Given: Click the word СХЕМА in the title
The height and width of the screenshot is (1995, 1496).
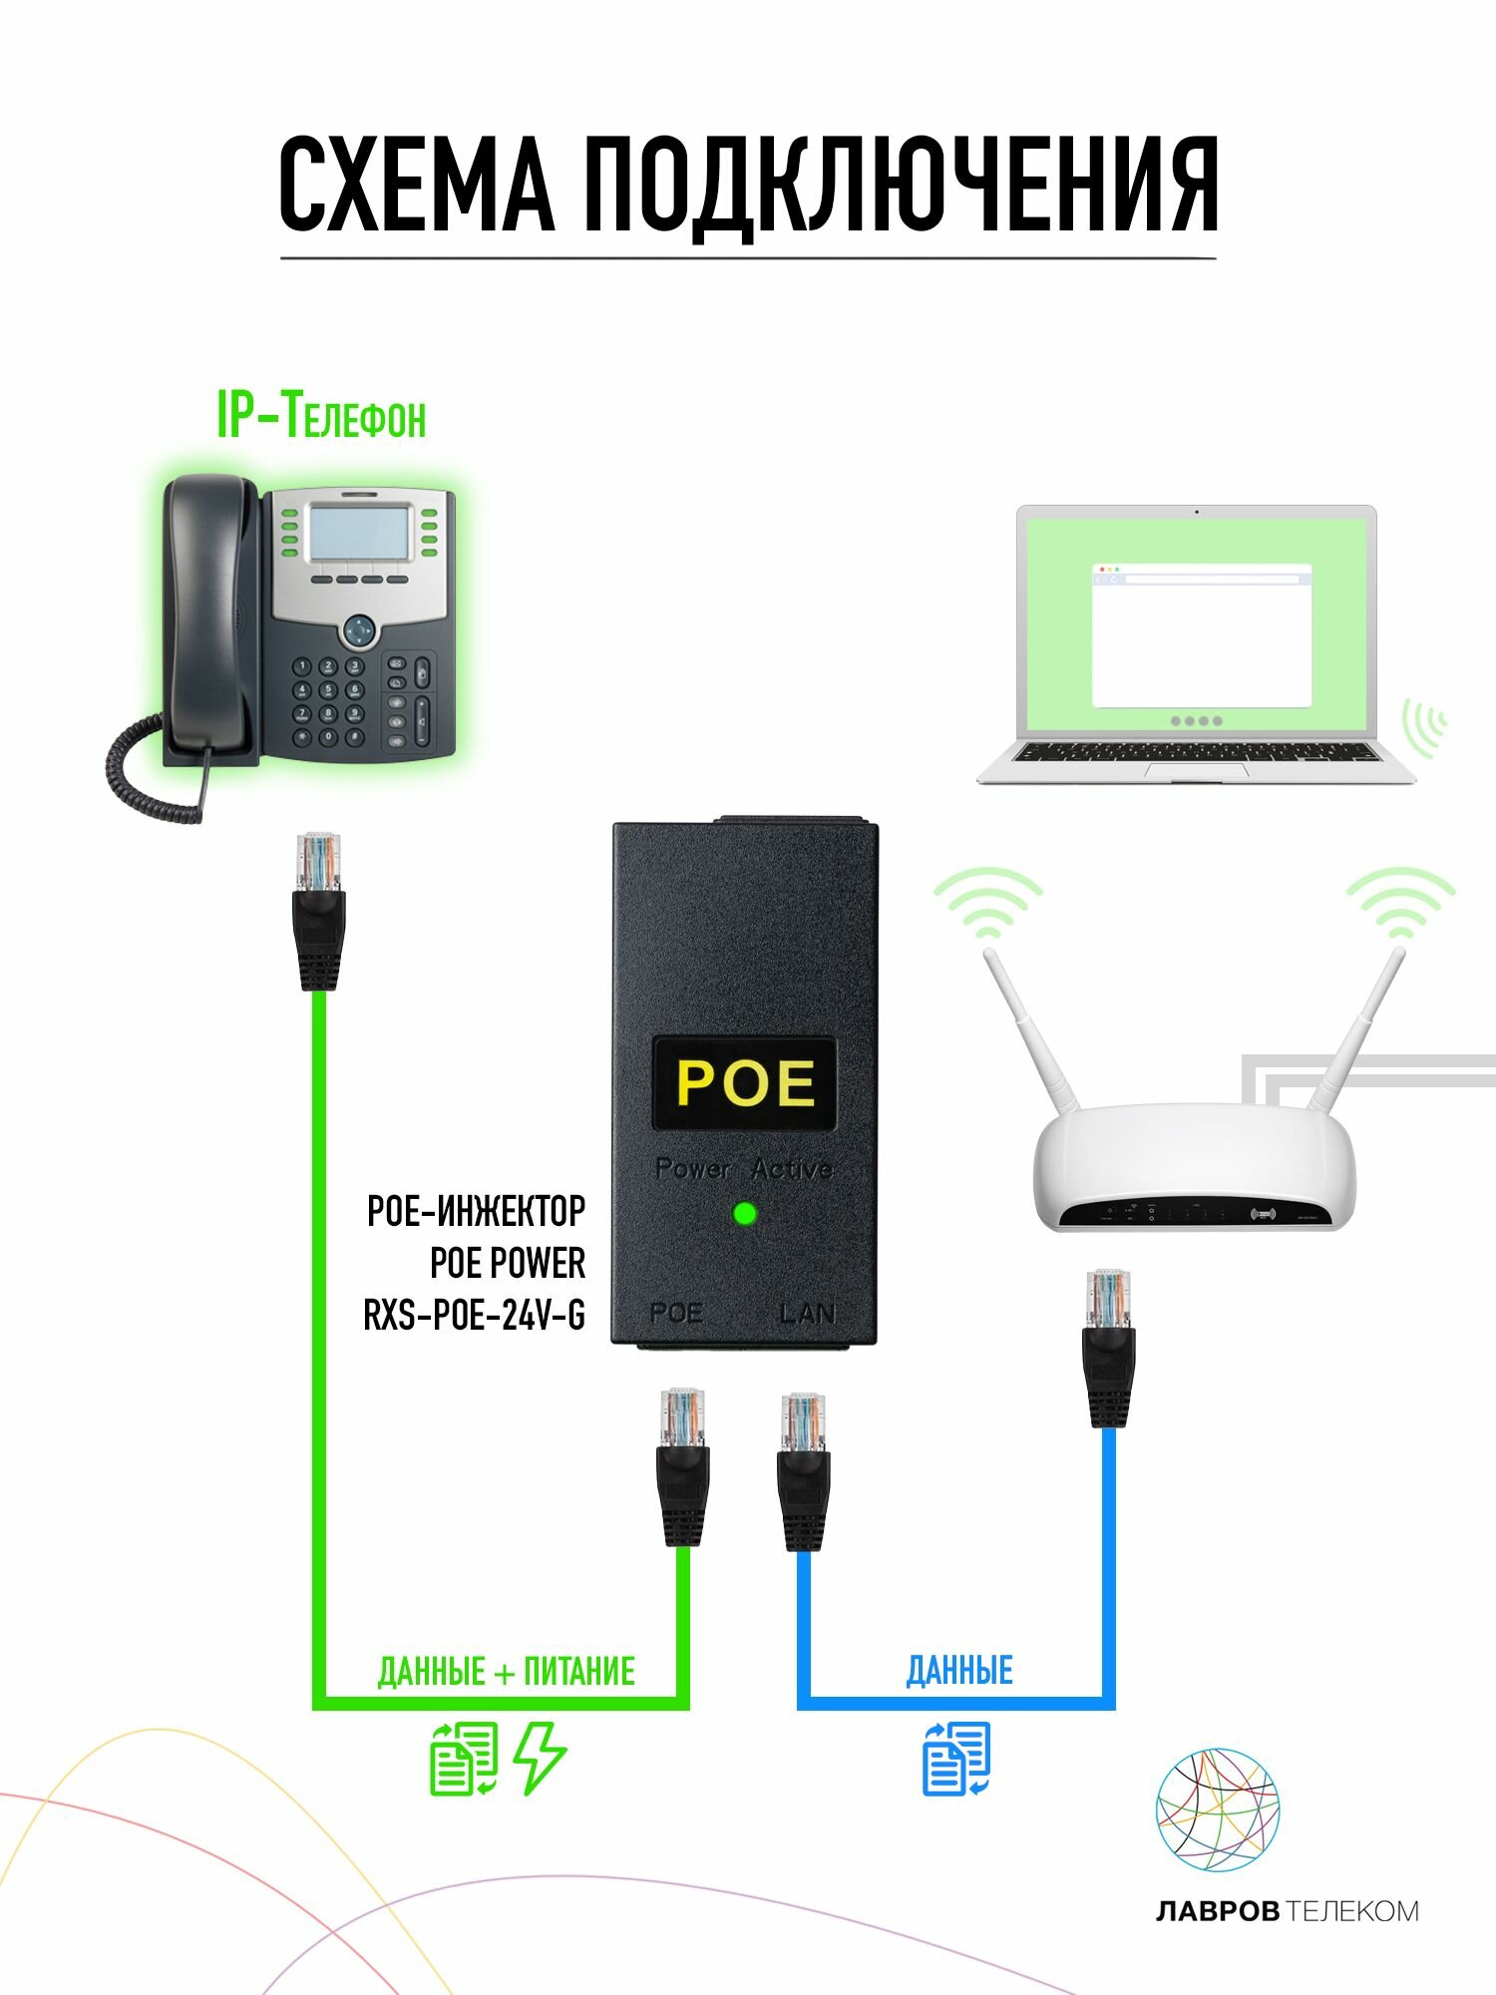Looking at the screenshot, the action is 416,186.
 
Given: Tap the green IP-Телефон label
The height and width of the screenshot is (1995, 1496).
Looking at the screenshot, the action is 321,416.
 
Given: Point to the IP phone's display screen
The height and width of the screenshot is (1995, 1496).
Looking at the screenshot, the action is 359,533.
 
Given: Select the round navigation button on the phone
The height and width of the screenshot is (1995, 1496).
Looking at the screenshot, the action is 359,630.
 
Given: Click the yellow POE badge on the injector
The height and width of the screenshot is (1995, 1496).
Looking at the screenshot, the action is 744,1083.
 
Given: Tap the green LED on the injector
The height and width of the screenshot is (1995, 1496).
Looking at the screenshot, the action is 744,1214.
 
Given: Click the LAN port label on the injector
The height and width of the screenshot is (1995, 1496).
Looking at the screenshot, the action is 806,1313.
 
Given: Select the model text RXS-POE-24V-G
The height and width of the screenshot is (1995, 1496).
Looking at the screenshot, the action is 475,1316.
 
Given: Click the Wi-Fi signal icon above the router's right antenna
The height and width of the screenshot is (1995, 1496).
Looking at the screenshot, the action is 1401,903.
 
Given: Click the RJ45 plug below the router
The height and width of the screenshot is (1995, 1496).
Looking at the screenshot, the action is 1108,1347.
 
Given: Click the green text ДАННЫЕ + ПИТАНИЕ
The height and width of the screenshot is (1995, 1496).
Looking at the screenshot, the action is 506,1671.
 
